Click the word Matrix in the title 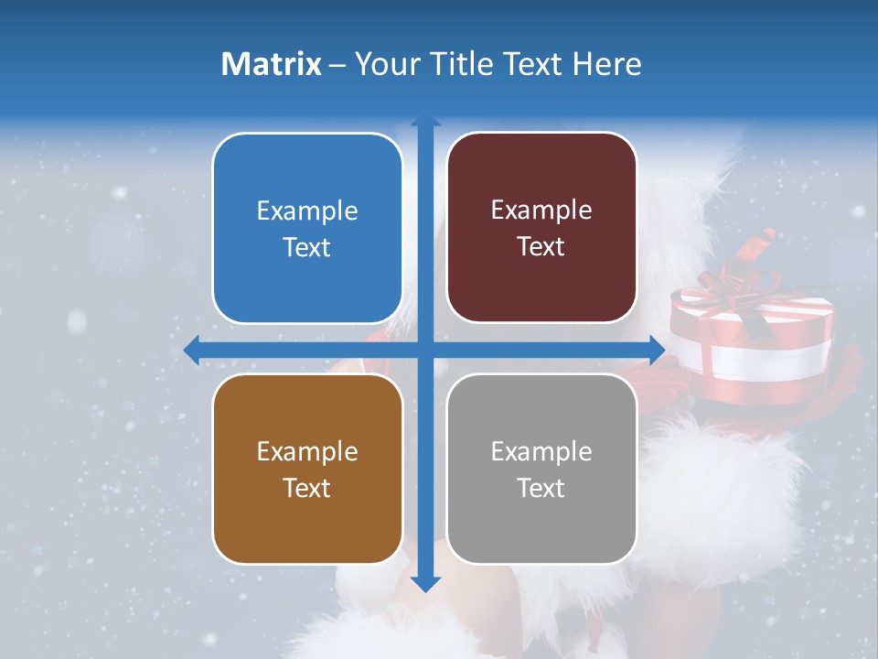click(x=272, y=64)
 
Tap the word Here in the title click(x=607, y=64)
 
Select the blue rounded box click(x=307, y=229)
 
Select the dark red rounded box click(x=541, y=229)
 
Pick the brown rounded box click(x=307, y=470)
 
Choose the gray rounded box click(x=541, y=470)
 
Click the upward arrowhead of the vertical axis click(x=425, y=121)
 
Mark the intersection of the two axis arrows click(x=425, y=350)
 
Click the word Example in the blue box click(x=307, y=211)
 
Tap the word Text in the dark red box click(x=541, y=247)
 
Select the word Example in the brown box click(x=307, y=451)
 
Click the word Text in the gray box click(x=541, y=488)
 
